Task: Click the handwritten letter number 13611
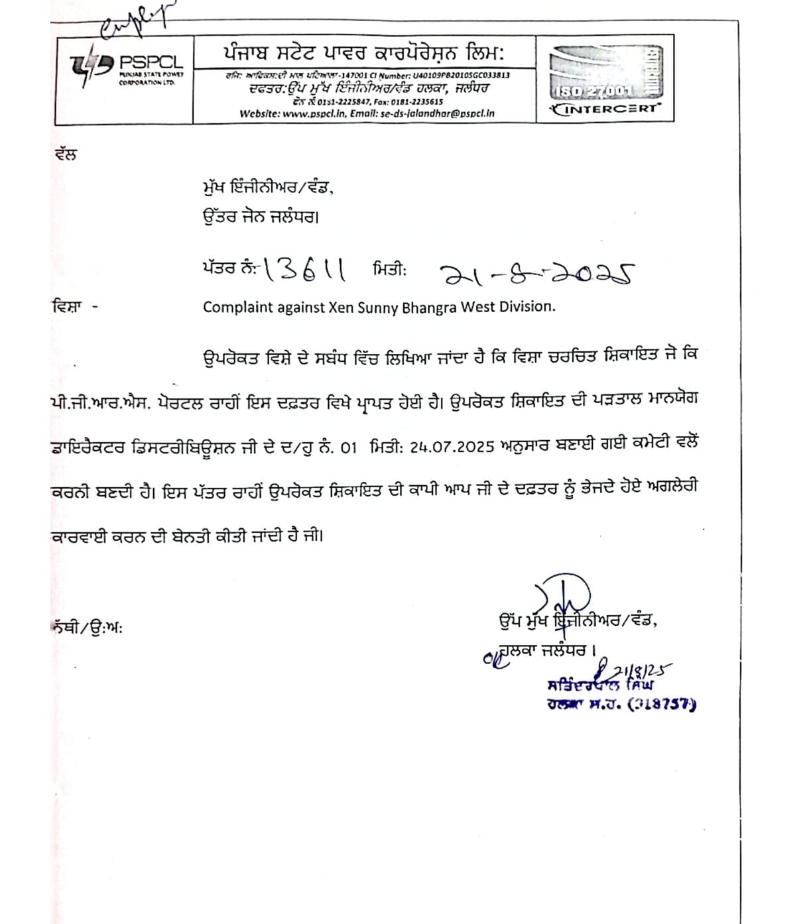click(x=304, y=270)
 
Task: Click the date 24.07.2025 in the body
click(x=452, y=447)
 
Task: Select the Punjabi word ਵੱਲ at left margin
click(x=66, y=154)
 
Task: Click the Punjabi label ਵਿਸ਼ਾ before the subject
click(x=66, y=307)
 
